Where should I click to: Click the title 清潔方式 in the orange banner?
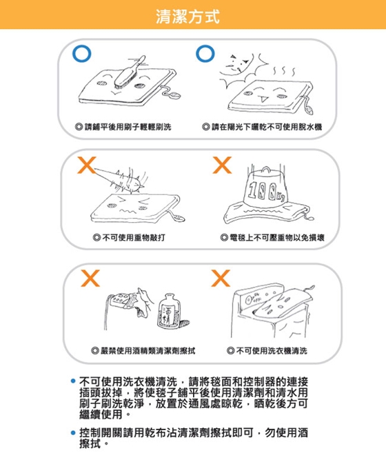pyautogui.click(x=187, y=17)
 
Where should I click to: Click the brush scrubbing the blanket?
pyautogui.click(x=130, y=72)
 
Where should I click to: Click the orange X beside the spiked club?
pyautogui.click(x=86, y=165)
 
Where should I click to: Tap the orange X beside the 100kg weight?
pyautogui.click(x=222, y=165)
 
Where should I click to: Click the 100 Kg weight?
pyautogui.click(x=265, y=187)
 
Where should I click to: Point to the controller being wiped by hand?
pyautogui.click(x=120, y=301)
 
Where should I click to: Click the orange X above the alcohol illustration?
pyautogui.click(x=90, y=278)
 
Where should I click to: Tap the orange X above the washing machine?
pyautogui.click(x=221, y=278)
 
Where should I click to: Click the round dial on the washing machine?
pyautogui.click(x=248, y=300)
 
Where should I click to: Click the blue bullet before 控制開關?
pyautogui.click(x=73, y=433)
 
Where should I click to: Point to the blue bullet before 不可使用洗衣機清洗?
pyautogui.click(x=73, y=381)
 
